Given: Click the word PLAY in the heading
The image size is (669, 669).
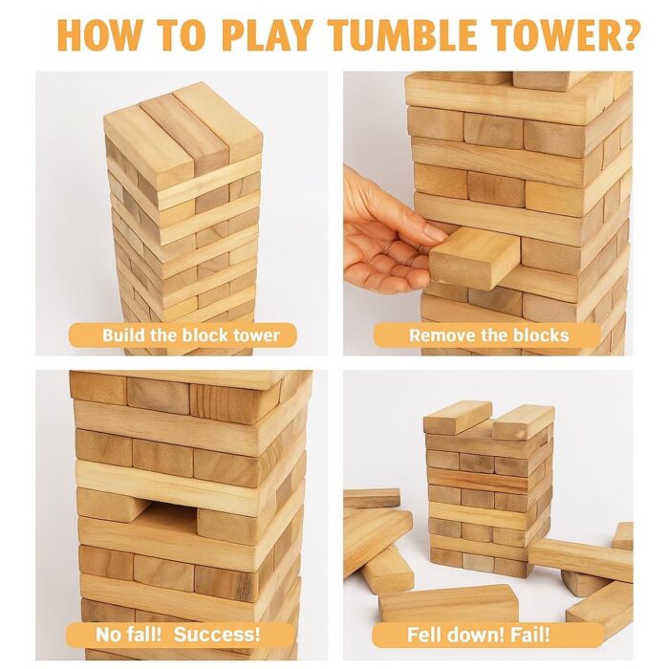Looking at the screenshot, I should (x=268, y=33).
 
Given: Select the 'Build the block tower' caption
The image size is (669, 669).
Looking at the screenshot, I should (x=182, y=335).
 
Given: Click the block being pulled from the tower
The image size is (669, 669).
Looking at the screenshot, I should (x=474, y=255).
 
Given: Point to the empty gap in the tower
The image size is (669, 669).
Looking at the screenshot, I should (x=162, y=507).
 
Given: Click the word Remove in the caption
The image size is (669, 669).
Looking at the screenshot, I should (x=441, y=335).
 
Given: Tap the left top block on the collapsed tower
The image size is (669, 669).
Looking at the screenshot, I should (x=456, y=417).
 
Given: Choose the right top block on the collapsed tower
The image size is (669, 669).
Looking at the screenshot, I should (x=524, y=421).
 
